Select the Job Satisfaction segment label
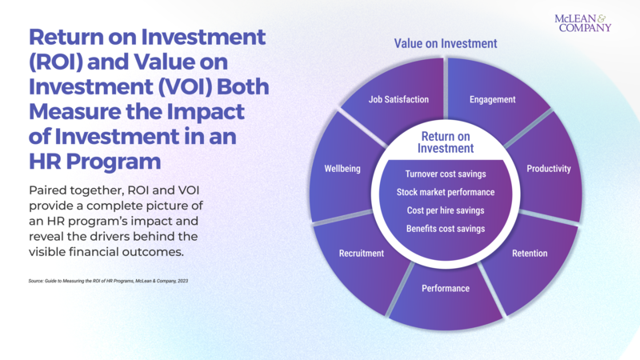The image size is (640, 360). (398, 100)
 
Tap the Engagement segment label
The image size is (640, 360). (492, 100)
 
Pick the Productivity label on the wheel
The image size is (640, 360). (548, 169)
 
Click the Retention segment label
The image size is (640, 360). (530, 254)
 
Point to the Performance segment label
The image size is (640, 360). (446, 288)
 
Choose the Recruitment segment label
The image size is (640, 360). (361, 254)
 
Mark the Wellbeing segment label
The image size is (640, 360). (342, 169)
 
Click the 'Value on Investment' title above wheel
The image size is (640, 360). (446, 44)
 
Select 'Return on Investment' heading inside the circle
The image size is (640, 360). (446, 142)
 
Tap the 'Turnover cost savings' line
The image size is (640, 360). (446, 174)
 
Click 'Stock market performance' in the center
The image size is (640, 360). (446, 192)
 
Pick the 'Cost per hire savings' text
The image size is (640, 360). (446, 210)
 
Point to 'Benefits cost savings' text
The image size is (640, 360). (446, 229)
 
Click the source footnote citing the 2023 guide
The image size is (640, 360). (108, 281)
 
